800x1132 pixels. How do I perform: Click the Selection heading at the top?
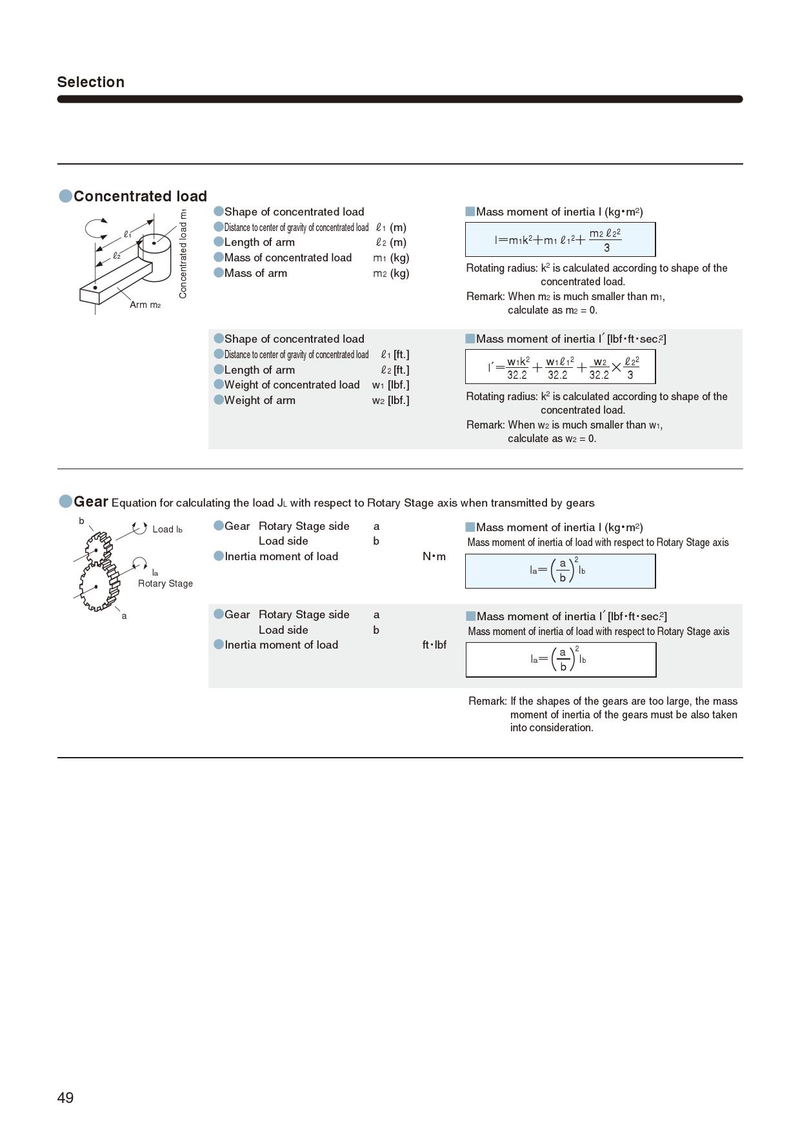pyautogui.click(x=90, y=82)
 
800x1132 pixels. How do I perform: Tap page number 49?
pyautogui.click(x=65, y=1098)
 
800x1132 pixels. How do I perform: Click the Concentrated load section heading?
pyautogui.click(x=140, y=196)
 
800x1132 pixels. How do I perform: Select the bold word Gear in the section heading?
pyautogui.click(x=90, y=501)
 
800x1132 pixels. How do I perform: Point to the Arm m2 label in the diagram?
pyautogui.click(x=145, y=305)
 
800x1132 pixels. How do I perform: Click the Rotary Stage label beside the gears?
pyautogui.click(x=165, y=583)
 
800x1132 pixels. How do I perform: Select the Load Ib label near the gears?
pyautogui.click(x=167, y=529)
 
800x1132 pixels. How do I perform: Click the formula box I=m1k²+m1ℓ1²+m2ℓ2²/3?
pyautogui.click(x=560, y=239)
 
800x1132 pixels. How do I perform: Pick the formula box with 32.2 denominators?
pyautogui.click(x=560, y=367)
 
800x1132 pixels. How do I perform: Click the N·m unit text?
pyautogui.click(x=434, y=556)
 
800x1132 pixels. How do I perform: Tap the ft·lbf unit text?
pyautogui.click(x=434, y=645)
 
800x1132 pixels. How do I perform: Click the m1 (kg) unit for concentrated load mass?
pyautogui.click(x=391, y=258)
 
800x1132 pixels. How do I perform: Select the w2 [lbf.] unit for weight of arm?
pyautogui.click(x=390, y=400)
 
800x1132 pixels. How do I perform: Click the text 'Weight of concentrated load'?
pyautogui.click(x=292, y=385)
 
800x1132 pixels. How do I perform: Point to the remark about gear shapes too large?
pyautogui.click(x=603, y=714)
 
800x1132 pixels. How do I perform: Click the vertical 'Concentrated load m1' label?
pyautogui.click(x=183, y=253)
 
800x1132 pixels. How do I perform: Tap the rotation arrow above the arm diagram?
pyautogui.click(x=97, y=228)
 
